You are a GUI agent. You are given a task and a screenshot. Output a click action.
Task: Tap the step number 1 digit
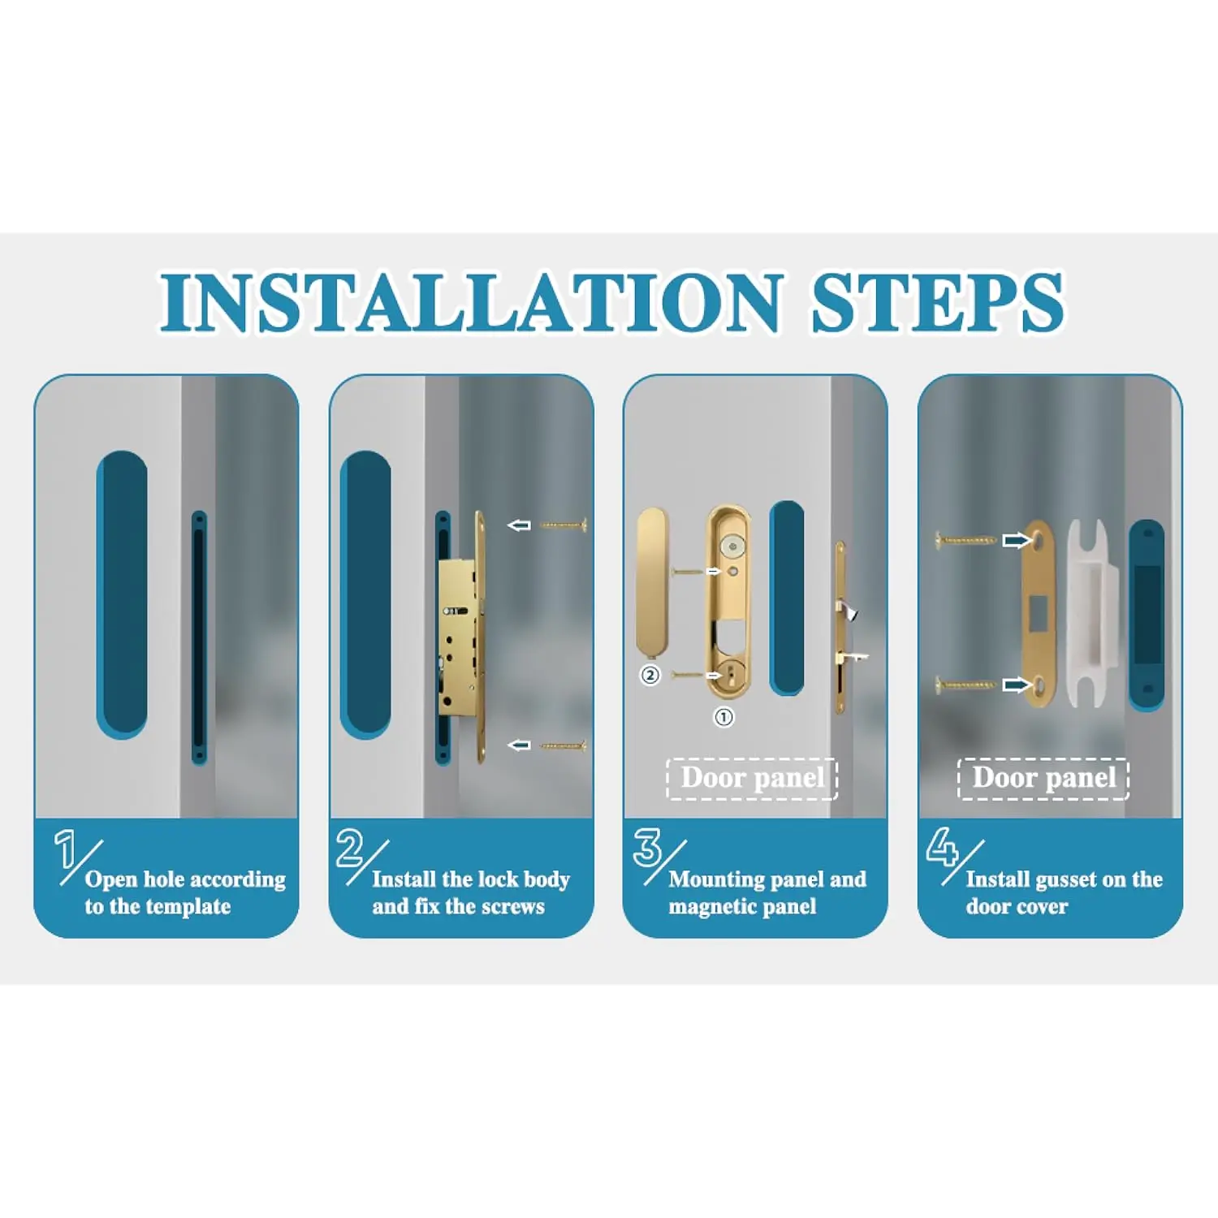point(66,849)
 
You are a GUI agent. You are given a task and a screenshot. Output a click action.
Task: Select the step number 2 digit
point(351,848)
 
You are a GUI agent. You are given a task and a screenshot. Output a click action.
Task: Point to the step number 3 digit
point(647,848)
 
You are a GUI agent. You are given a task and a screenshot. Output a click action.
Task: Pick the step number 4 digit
point(942,847)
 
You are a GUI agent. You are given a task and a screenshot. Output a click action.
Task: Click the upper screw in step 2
point(563,525)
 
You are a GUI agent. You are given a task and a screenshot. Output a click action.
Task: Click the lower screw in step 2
point(563,745)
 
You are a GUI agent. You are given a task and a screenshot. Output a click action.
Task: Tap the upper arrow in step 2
point(519,525)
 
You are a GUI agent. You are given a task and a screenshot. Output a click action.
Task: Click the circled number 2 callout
point(650,675)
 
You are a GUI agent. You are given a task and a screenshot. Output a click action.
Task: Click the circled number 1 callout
point(723,717)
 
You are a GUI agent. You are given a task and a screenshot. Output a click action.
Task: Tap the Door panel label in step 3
point(753,778)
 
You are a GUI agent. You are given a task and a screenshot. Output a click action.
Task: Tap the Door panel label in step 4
point(1044,778)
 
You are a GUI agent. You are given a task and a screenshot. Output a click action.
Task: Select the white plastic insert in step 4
point(1092,613)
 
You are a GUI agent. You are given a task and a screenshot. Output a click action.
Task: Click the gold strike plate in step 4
point(1037,613)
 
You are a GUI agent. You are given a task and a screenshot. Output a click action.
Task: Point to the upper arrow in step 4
point(1017,540)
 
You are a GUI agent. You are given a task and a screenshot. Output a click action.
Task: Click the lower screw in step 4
point(966,686)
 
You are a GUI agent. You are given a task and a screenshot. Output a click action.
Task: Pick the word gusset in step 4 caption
point(1066,880)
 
